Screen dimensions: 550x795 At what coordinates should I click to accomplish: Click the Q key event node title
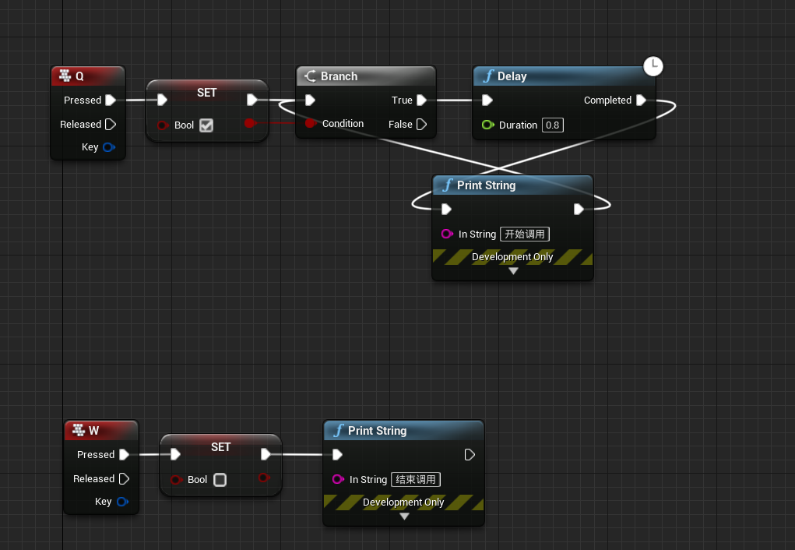click(x=79, y=76)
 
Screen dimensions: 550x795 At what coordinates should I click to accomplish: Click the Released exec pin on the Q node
click(x=111, y=124)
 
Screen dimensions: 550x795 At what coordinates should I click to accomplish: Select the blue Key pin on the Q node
click(x=109, y=146)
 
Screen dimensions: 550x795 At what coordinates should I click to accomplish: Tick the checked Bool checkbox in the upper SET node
click(x=206, y=125)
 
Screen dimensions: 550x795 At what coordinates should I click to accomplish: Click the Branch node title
click(x=339, y=76)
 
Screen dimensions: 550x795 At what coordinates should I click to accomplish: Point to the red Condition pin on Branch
click(x=310, y=123)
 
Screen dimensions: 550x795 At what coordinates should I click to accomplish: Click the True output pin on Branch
click(x=421, y=100)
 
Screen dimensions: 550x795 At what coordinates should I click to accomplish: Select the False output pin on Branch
click(x=421, y=124)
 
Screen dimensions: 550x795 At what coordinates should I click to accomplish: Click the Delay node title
click(x=512, y=76)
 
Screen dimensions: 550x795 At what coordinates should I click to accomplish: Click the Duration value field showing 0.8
click(x=552, y=125)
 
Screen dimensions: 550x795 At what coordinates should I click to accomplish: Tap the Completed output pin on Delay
click(x=641, y=100)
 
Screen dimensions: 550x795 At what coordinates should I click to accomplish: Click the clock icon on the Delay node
click(x=653, y=66)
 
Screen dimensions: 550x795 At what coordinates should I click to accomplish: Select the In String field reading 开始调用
click(x=525, y=234)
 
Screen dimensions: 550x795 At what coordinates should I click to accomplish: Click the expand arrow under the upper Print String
click(x=512, y=271)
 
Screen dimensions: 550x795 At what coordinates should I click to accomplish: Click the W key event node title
click(x=93, y=430)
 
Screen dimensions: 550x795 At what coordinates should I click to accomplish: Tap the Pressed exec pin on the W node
click(x=124, y=454)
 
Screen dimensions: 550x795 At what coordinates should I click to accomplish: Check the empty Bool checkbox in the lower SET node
click(x=220, y=480)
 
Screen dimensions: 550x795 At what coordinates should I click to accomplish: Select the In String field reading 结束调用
click(x=416, y=479)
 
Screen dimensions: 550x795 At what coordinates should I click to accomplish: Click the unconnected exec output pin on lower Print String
click(x=470, y=454)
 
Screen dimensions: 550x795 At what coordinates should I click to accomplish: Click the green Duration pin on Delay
click(x=487, y=125)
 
